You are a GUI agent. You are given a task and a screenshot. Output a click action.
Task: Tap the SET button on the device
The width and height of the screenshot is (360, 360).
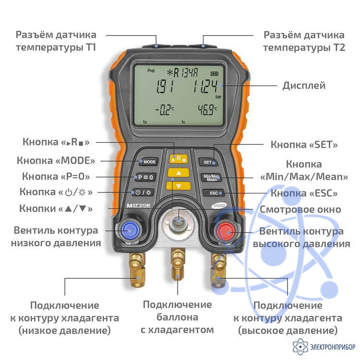[x=208, y=162]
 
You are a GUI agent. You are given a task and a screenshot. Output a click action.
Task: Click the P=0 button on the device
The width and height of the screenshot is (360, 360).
[x=145, y=177]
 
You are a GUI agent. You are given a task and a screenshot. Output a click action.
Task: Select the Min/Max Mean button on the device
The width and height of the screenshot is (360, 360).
[x=212, y=178]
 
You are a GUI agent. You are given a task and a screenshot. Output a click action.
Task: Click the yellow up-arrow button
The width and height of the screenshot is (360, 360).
[x=179, y=173]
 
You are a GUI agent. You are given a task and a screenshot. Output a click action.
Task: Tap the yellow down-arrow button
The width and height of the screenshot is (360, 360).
[x=179, y=186]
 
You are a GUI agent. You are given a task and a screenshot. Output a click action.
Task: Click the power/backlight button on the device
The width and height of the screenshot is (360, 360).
[x=143, y=192]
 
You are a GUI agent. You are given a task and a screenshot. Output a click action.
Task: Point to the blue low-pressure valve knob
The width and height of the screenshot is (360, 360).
[x=129, y=230]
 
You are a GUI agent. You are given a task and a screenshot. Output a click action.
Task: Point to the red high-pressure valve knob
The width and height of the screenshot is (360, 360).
[x=226, y=232]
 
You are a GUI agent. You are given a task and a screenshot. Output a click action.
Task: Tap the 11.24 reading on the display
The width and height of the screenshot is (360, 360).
[x=205, y=86]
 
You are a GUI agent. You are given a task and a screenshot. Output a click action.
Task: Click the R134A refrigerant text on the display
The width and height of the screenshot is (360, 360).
[x=183, y=73]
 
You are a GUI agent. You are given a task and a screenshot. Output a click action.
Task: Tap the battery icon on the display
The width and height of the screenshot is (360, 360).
[x=215, y=74]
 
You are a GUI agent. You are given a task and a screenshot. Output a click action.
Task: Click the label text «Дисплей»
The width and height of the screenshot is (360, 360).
[x=304, y=86]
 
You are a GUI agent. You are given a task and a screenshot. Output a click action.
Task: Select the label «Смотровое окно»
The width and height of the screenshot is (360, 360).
[x=300, y=209]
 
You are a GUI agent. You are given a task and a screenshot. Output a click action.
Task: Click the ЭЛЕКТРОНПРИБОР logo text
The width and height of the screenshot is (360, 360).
[x=333, y=347]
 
